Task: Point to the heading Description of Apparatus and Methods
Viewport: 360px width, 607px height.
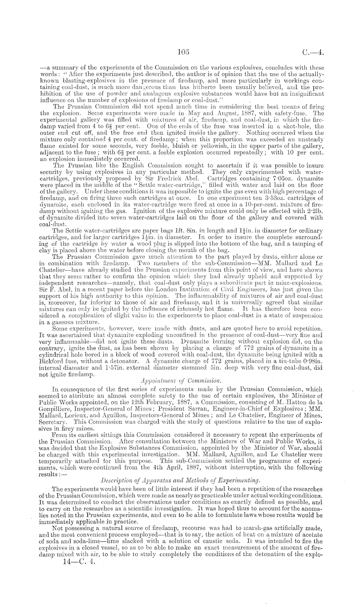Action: (181, 478)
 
